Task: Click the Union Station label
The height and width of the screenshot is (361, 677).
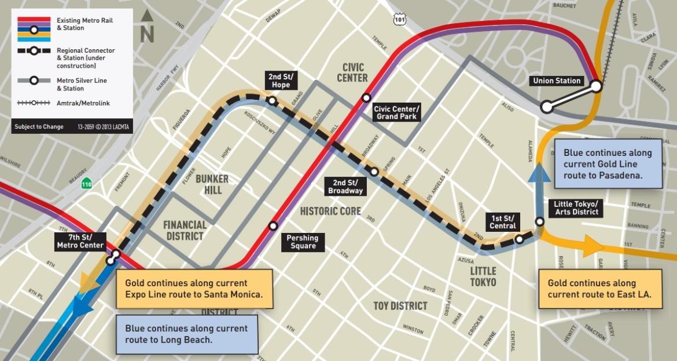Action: click(x=557, y=81)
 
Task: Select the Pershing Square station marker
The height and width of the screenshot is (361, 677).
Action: click(x=273, y=225)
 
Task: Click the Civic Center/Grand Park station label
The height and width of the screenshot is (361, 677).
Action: click(x=396, y=112)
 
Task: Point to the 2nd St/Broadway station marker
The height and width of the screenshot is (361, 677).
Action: click(x=374, y=172)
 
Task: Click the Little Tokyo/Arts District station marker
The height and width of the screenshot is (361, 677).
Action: click(x=539, y=221)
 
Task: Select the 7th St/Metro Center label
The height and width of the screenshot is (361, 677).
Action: click(x=80, y=241)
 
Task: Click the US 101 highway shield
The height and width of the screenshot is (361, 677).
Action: click(x=399, y=20)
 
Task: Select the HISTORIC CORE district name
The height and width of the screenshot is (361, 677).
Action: click(x=330, y=212)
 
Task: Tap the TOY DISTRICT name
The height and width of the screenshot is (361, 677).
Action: click(x=400, y=305)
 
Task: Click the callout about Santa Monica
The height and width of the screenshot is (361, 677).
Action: click(x=194, y=289)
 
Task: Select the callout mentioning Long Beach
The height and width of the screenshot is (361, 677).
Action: click(x=187, y=334)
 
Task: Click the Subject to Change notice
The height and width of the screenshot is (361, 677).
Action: click(x=39, y=126)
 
